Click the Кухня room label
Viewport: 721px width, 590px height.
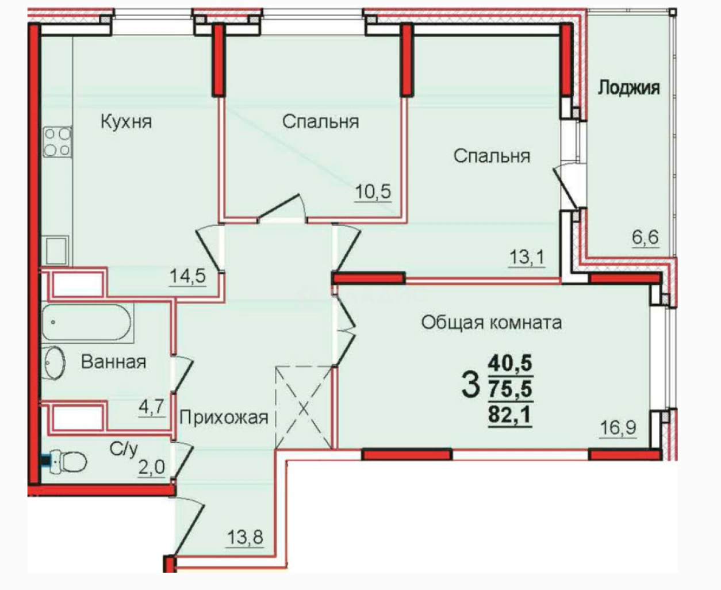point(126,122)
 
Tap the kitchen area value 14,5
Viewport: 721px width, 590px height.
point(187,275)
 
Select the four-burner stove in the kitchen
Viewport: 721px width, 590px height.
point(57,141)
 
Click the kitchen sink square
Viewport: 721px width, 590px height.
point(56,250)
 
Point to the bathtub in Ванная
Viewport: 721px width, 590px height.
point(87,323)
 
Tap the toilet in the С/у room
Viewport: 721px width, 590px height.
point(67,462)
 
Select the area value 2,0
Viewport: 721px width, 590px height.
point(151,467)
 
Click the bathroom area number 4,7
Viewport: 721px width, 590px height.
point(152,407)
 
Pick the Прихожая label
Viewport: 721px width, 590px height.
point(224,417)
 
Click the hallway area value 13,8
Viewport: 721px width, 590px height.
point(245,537)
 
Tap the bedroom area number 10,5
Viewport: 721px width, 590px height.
point(373,191)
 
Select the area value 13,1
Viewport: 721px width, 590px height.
point(527,257)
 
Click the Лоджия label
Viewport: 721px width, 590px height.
point(628,87)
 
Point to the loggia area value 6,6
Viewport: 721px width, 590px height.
point(645,237)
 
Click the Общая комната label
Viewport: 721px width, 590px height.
point(491,322)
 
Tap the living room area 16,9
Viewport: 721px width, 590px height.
point(618,427)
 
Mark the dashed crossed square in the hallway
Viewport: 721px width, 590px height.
point(304,407)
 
